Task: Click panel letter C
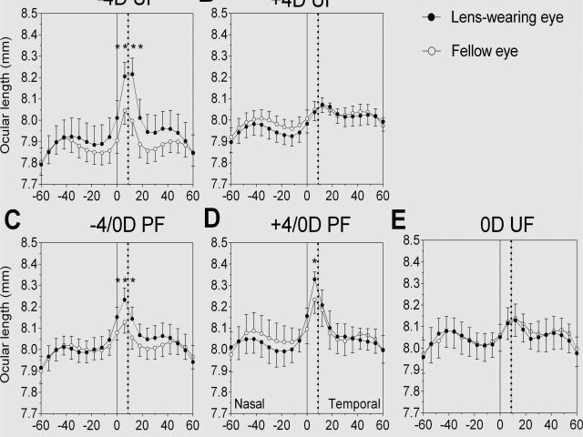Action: click(12, 218)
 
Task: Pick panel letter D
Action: click(212, 218)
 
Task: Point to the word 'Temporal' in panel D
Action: click(350, 401)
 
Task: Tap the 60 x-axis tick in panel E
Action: click(575, 424)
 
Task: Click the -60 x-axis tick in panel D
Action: click(230, 424)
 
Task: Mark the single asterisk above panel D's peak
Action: click(314, 264)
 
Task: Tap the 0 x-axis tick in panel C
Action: click(117, 424)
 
